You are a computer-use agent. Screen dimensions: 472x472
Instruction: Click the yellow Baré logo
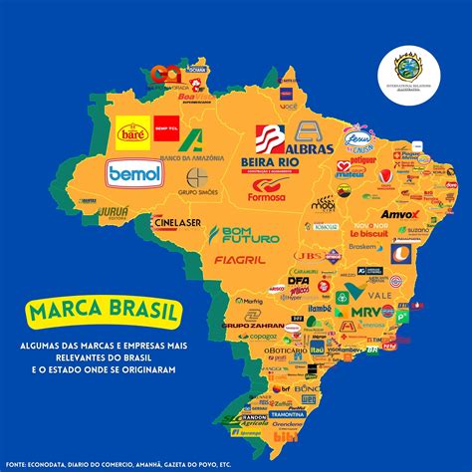132,131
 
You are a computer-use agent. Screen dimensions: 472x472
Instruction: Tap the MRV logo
365,312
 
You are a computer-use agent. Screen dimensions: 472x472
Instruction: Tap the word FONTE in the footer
21,462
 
